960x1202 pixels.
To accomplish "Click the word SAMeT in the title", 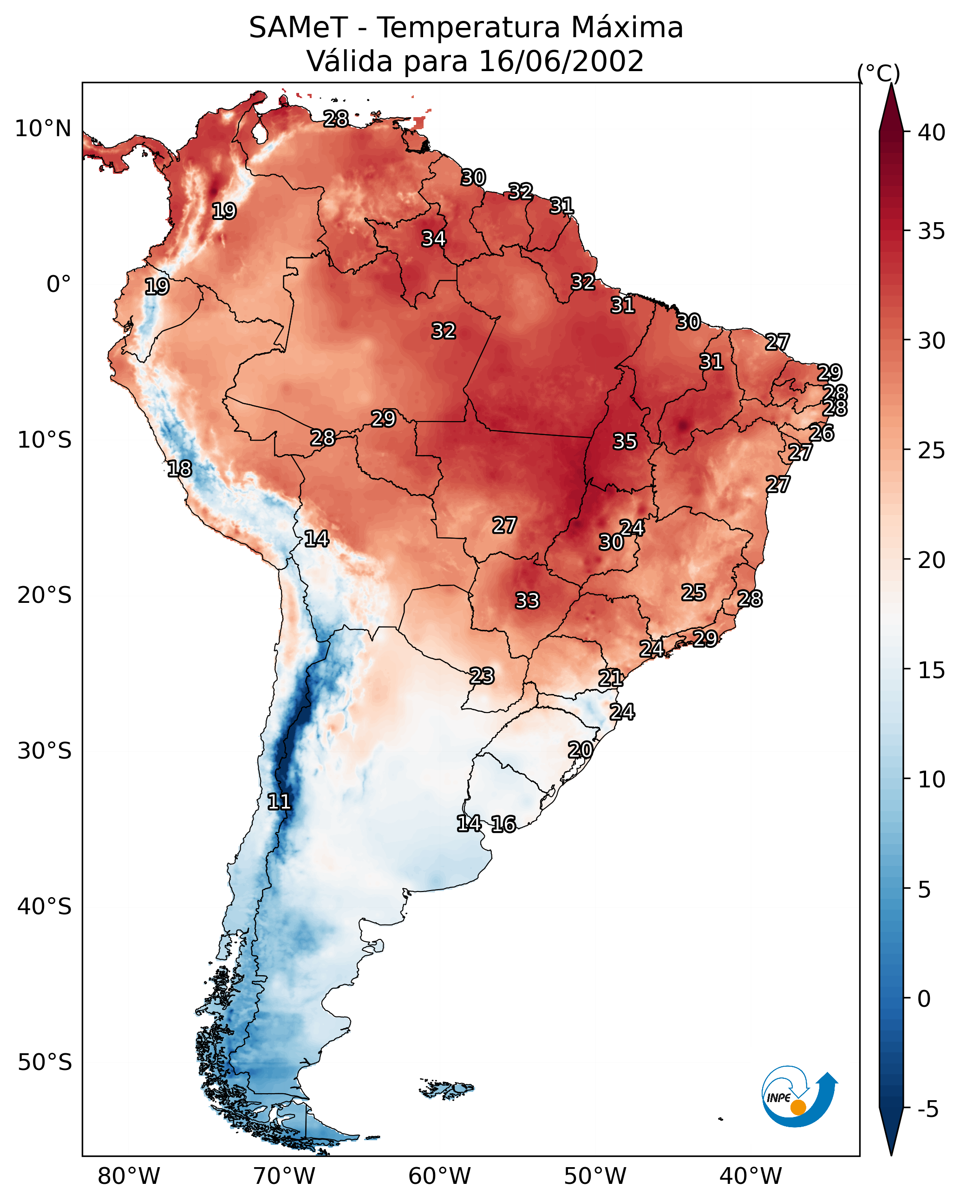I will (x=298, y=28).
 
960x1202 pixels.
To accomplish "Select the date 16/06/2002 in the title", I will (x=561, y=61).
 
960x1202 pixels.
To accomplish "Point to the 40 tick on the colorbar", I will (x=932, y=132).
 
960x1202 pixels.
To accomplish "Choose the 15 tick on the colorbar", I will (x=932, y=671).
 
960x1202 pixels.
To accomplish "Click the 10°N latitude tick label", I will (x=43, y=129).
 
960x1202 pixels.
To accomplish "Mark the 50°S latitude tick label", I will (x=45, y=1063).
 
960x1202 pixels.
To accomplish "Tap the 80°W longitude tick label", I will (x=129, y=1176).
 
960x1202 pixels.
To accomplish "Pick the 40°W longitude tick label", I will (x=751, y=1176).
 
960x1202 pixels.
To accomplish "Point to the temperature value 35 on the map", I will (x=625, y=442).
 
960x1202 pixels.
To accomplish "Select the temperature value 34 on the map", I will (x=433, y=238).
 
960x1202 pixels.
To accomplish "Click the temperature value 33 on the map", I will (x=527, y=601).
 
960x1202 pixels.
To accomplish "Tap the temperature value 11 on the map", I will (x=279, y=802).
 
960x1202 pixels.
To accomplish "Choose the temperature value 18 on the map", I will (x=179, y=469).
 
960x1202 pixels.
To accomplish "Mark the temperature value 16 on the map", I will (x=503, y=824).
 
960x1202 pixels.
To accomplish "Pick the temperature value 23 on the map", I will (x=481, y=676).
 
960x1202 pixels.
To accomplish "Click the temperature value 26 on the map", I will (x=821, y=433).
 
